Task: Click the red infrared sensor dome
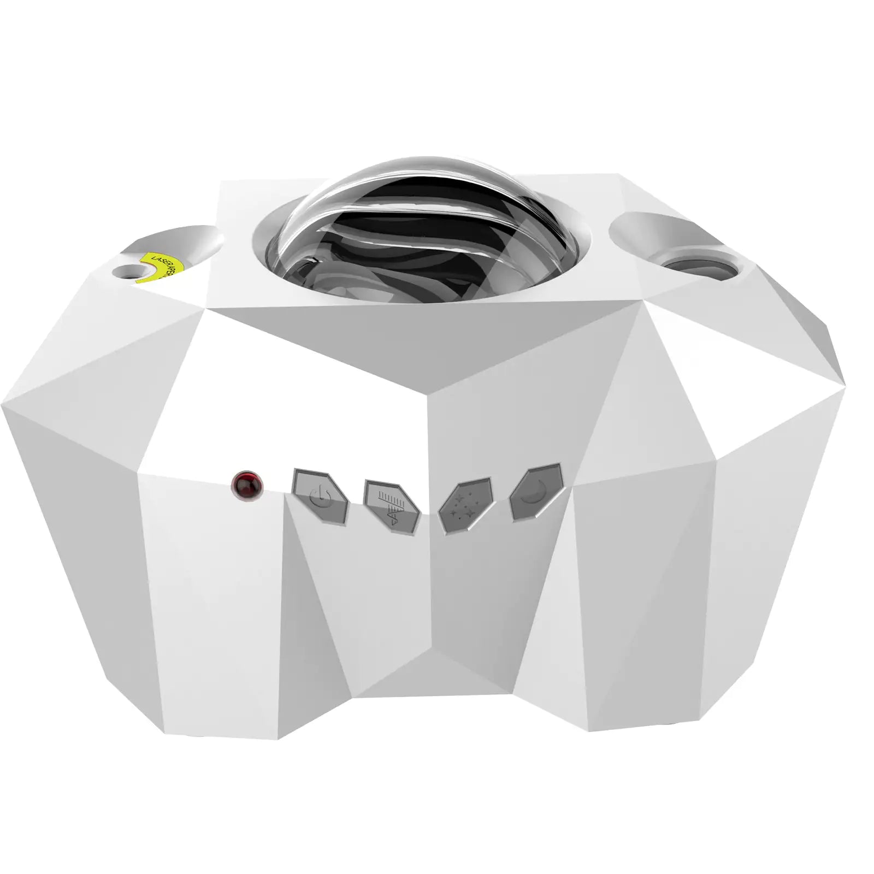click(x=247, y=484)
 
